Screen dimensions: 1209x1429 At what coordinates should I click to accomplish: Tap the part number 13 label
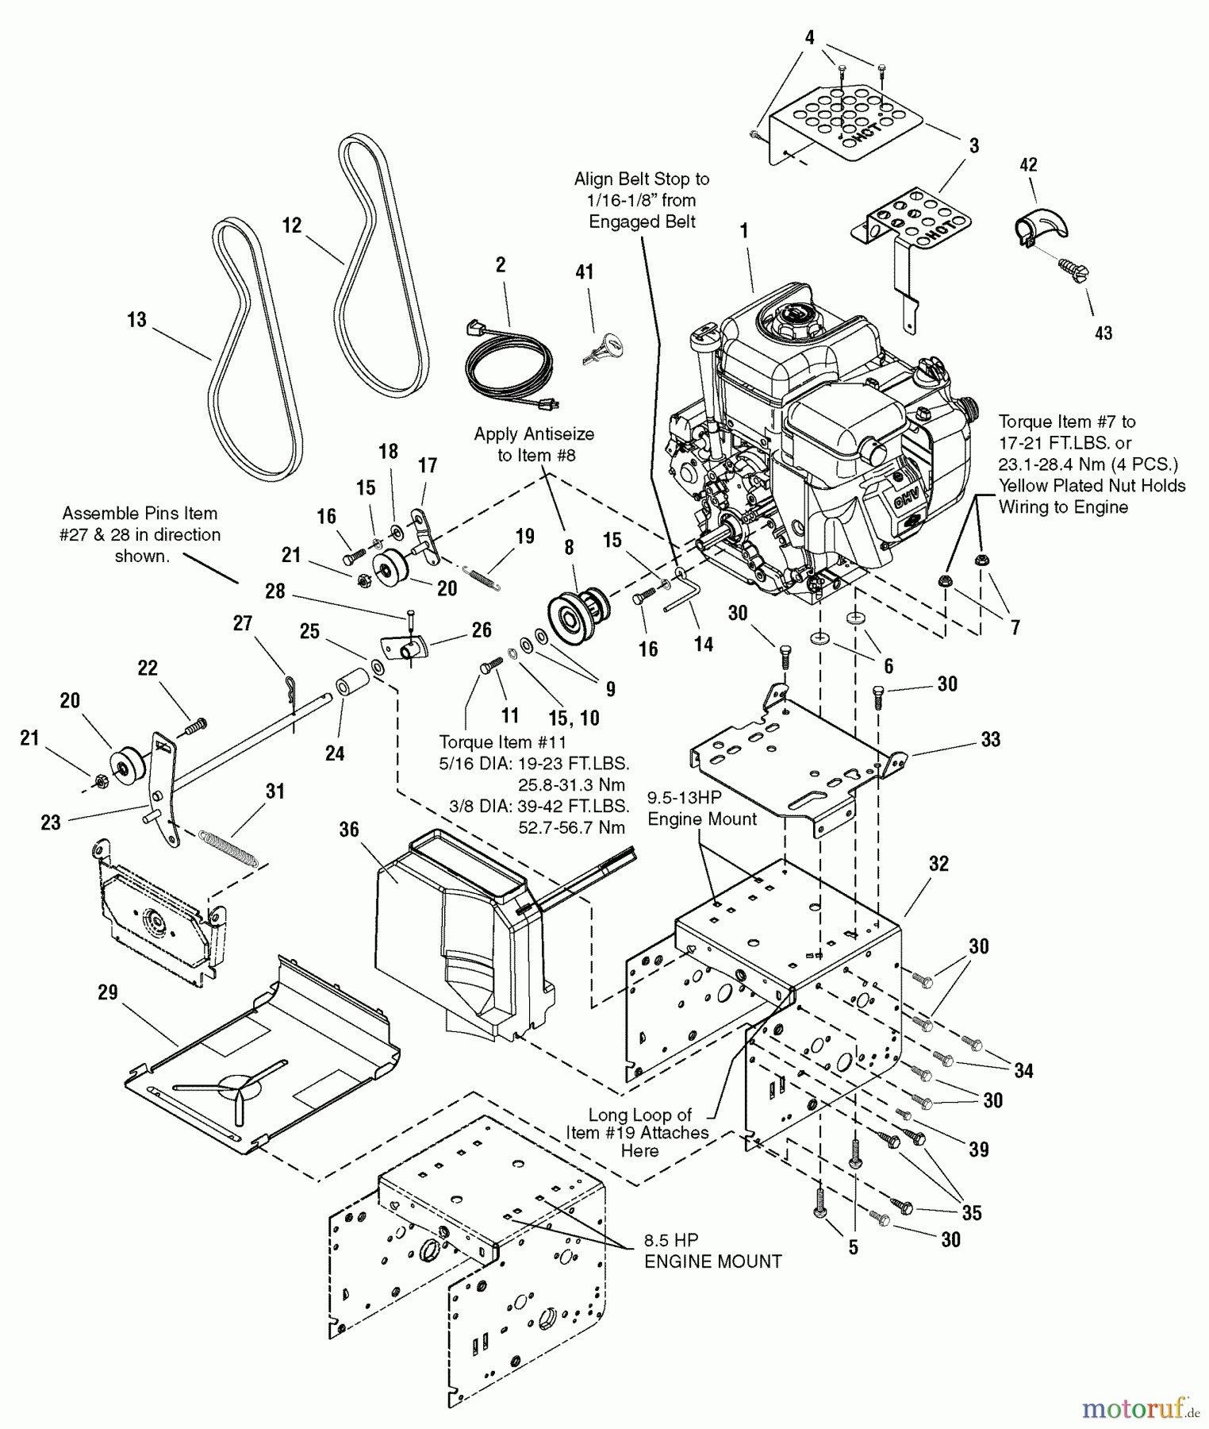pyautogui.click(x=136, y=319)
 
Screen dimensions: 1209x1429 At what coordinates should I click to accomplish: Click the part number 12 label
pyautogui.click(x=292, y=225)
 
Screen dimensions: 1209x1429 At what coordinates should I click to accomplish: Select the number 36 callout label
pyautogui.click(x=349, y=829)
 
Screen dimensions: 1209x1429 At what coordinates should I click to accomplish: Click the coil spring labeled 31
pyautogui.click(x=228, y=846)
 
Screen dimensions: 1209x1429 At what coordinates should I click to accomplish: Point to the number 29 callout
pyautogui.click(x=108, y=992)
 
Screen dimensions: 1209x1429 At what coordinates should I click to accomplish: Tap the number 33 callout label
pyautogui.click(x=991, y=739)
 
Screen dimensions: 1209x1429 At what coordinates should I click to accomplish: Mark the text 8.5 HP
pyautogui.click(x=671, y=1240)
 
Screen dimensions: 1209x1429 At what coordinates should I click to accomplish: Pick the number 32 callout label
pyautogui.click(x=938, y=863)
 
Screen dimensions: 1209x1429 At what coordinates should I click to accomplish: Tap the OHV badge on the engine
pyautogui.click(x=906, y=500)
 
